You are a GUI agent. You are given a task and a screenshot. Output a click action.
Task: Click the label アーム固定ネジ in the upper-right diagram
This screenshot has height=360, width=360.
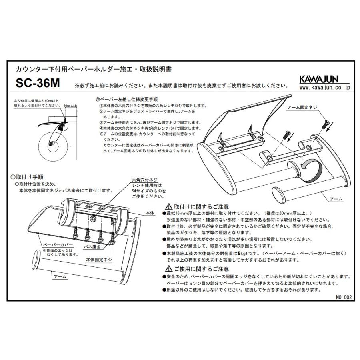[x=303, y=108]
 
